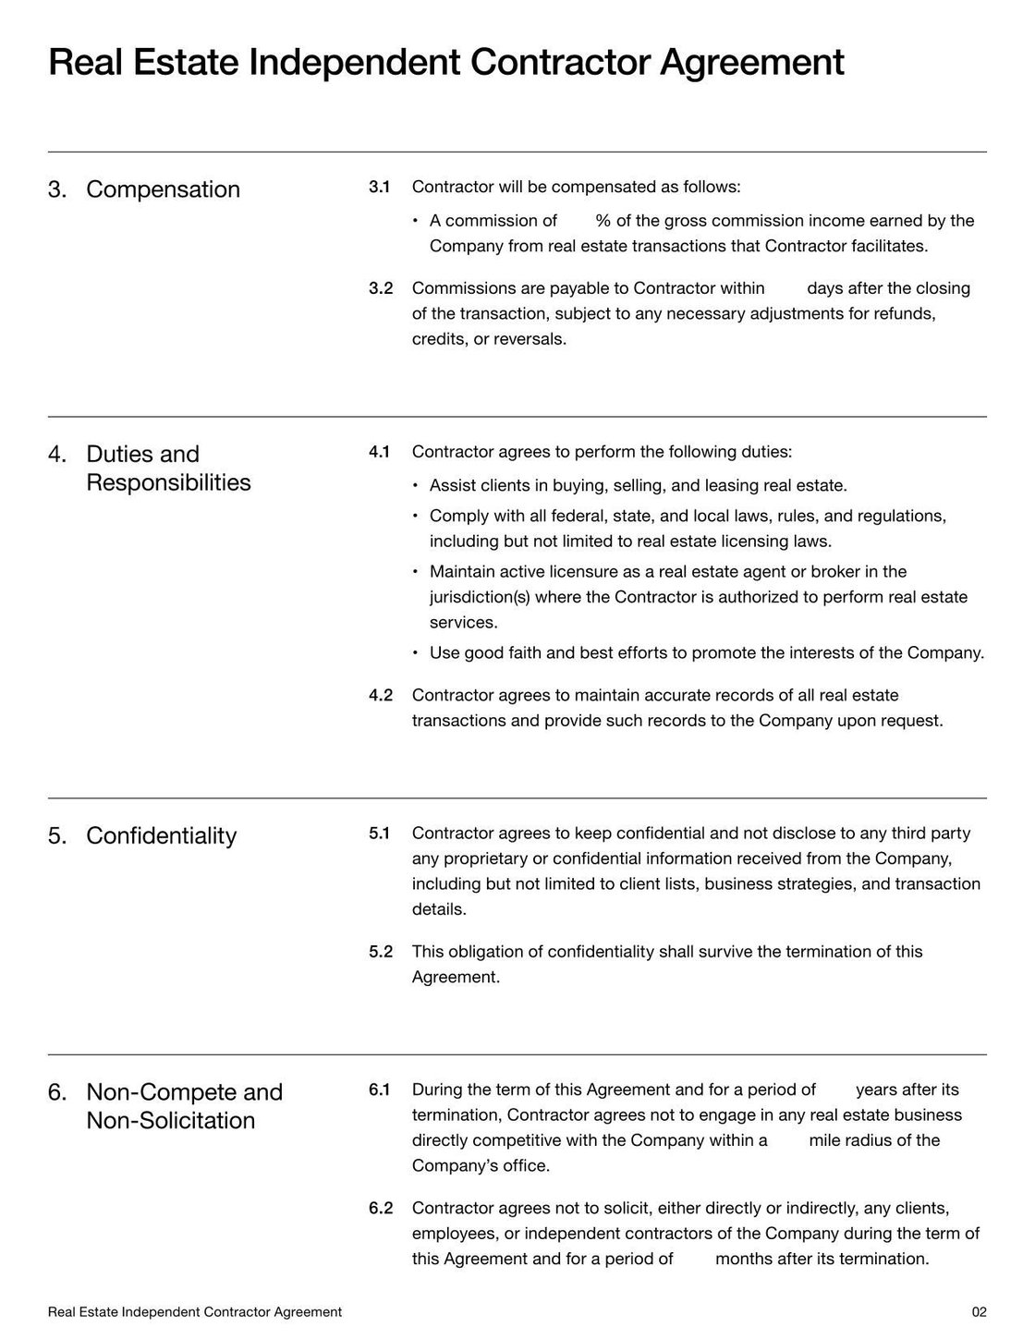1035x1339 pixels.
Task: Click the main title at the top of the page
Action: [x=445, y=63]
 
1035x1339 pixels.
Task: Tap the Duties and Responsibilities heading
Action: [x=167, y=469]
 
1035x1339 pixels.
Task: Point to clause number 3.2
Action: [x=381, y=288]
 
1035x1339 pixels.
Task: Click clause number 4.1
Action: [x=379, y=452]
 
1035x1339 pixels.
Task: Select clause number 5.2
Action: [x=381, y=952]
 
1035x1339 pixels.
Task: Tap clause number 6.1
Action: [x=379, y=1089]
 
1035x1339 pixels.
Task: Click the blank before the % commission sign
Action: [x=577, y=221]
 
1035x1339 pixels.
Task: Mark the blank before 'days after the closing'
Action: [x=785, y=288]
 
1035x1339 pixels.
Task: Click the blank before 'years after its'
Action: [x=835, y=1089]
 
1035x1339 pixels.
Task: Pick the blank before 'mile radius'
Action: [x=787, y=1140]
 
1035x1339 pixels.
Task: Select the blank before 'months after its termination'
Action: [x=694, y=1259]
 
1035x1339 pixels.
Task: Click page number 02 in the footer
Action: [x=979, y=1312]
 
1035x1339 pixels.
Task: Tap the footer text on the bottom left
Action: [x=194, y=1312]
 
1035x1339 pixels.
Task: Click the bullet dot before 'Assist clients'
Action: [x=416, y=486]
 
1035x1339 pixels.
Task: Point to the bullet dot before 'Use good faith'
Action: [x=416, y=653]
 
